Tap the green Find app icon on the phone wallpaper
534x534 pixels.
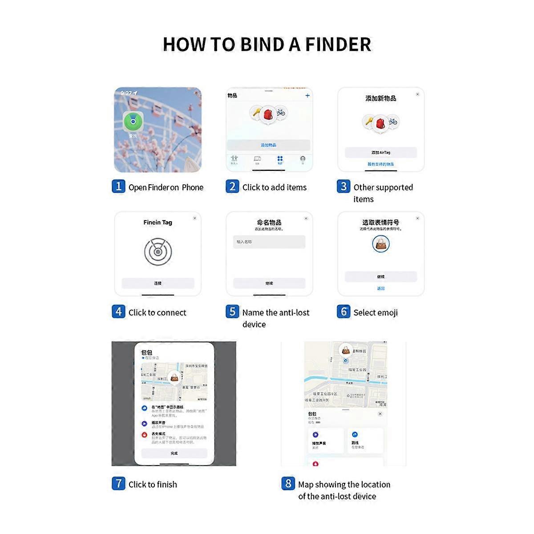point(133,121)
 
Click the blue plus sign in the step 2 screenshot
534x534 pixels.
point(307,96)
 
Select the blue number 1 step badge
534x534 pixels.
point(118,186)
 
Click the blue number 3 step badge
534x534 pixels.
point(343,186)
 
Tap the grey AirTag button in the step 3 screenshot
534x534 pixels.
point(380,152)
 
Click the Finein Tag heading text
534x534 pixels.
point(158,222)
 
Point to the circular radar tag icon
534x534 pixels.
point(158,252)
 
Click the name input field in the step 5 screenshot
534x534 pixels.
point(269,242)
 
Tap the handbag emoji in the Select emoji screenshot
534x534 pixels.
point(380,243)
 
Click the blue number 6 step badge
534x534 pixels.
point(343,311)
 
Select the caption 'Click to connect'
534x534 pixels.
point(157,312)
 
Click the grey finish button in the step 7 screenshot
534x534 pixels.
point(174,453)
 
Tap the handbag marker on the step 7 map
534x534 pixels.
point(174,378)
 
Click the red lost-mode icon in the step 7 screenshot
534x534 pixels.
point(145,435)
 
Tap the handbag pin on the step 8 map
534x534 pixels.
point(346,350)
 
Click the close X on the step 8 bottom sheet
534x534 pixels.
point(380,414)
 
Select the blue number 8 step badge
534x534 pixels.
point(288,483)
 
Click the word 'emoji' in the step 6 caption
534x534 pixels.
point(388,313)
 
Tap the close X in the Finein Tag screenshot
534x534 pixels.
point(194,218)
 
